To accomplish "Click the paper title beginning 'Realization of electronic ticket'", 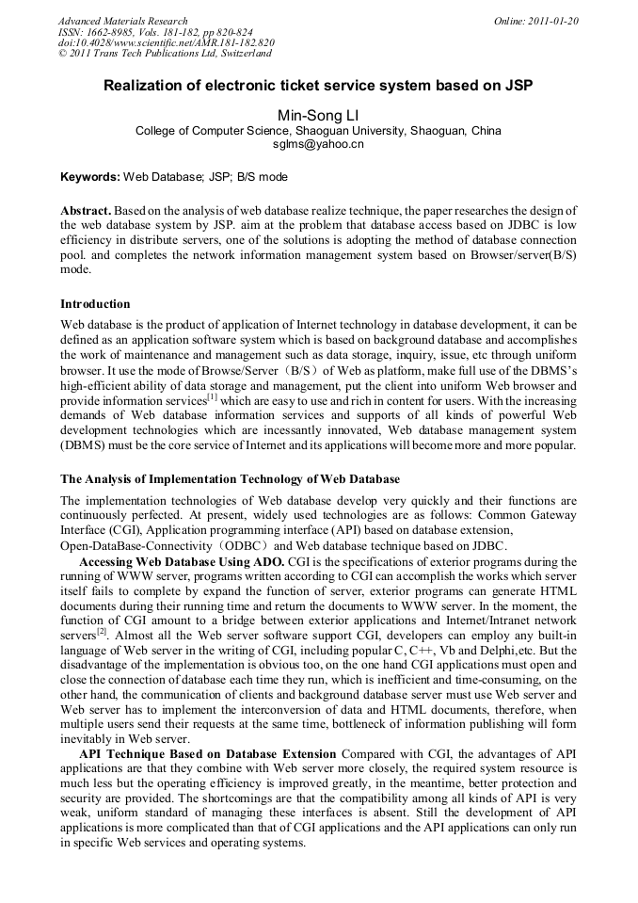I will click(318, 85).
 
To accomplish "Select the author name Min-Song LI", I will click(318, 115).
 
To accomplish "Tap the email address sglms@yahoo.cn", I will click(318, 145).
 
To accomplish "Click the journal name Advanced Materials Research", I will click(122, 21).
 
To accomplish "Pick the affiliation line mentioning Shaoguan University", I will click(318, 131).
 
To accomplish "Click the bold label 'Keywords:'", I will click(90, 177).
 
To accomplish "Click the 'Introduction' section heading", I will click(95, 304).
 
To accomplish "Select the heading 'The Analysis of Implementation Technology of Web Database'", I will click(230, 479).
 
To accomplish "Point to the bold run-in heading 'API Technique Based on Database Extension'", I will click(207, 754).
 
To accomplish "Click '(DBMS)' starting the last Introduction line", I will click(82, 445).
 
